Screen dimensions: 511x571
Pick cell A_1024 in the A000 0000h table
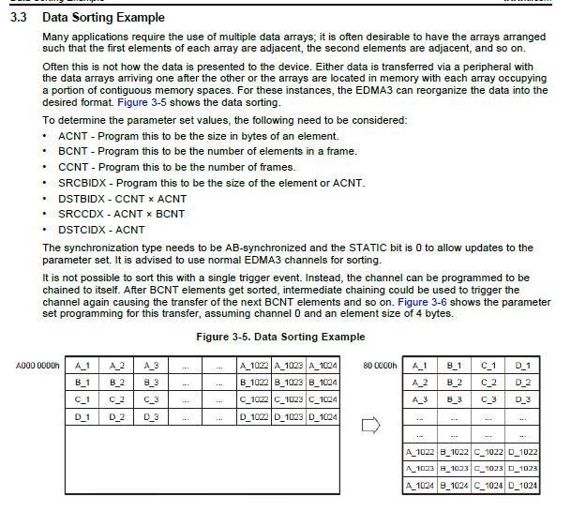point(322,365)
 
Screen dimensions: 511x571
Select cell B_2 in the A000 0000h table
point(117,383)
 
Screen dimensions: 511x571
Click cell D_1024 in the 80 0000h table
point(522,486)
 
